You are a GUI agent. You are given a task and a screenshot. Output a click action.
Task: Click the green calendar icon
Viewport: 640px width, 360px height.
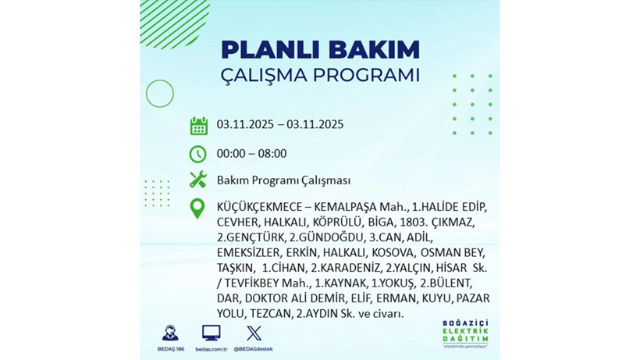(x=198, y=126)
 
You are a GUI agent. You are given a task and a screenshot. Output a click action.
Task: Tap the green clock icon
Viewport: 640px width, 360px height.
(x=198, y=153)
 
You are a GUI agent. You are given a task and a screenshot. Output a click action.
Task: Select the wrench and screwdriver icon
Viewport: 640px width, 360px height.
(x=198, y=180)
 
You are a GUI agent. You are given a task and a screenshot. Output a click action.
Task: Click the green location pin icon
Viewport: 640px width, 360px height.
(x=198, y=209)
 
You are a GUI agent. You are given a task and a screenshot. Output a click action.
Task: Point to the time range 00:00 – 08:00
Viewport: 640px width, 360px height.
(x=251, y=153)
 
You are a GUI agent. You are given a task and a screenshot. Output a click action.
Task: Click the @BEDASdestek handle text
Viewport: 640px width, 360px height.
(x=254, y=349)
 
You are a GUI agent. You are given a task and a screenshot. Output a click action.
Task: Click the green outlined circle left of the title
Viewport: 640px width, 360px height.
(x=159, y=94)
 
